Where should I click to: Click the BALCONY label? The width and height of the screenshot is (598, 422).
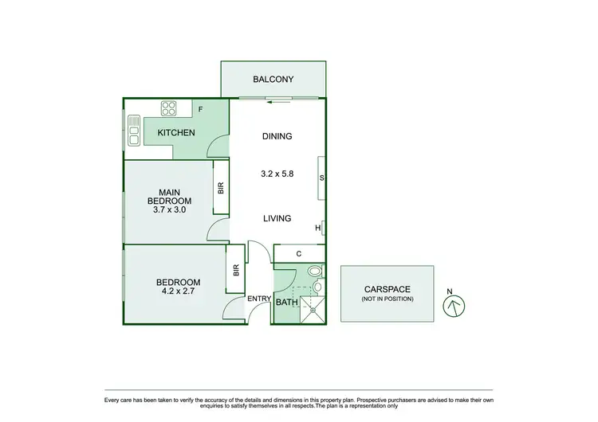(273, 80)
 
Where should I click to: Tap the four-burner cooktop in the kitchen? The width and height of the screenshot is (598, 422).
(169, 108)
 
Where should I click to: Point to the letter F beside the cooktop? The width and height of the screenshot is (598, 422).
(200, 109)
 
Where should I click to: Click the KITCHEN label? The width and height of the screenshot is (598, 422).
(176, 132)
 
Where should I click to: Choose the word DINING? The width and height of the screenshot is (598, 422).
(277, 136)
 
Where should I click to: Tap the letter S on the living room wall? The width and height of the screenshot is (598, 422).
(321, 178)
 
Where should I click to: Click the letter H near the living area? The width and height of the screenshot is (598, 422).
(318, 229)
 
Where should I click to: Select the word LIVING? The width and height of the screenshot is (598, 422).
(277, 218)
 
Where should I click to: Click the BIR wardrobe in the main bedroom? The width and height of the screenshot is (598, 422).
(221, 188)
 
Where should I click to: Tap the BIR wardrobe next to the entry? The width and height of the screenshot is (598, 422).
(236, 270)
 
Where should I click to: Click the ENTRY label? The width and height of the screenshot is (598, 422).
(259, 299)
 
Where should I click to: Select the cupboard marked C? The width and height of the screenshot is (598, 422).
(299, 254)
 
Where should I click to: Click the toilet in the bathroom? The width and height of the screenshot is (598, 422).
(317, 284)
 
